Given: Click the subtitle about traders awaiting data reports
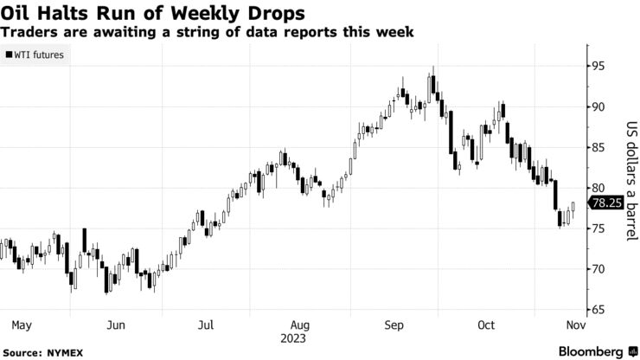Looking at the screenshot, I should (x=207, y=31).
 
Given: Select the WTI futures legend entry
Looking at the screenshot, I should (x=35, y=55).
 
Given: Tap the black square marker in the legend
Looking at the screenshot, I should (x=8, y=55).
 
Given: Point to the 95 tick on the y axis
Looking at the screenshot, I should (x=598, y=67).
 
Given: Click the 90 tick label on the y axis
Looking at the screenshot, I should (x=598, y=107).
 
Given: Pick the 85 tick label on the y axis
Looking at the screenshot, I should (x=598, y=147).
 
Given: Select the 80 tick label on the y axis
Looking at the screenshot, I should (x=598, y=188).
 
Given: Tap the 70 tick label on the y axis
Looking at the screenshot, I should (x=598, y=269).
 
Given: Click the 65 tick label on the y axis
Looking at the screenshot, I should (x=598, y=309).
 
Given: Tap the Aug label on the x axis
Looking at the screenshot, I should (x=300, y=325).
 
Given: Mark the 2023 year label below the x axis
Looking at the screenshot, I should (x=300, y=337).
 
